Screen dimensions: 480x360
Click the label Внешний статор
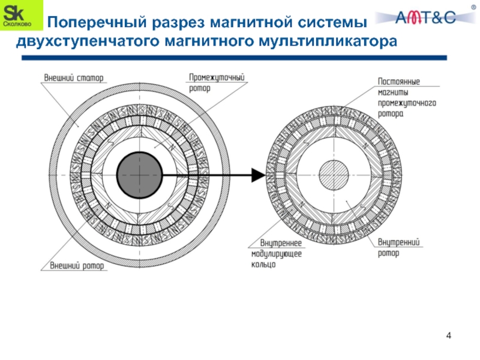pyautogui.click(x=73, y=77)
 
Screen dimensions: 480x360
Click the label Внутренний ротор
pyautogui.click(x=398, y=247)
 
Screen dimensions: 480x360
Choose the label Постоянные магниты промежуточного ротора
pyautogui.click(x=406, y=97)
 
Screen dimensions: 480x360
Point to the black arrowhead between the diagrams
pyautogui.click(x=257, y=175)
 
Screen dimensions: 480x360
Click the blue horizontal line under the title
pyautogui.click(x=234, y=58)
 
